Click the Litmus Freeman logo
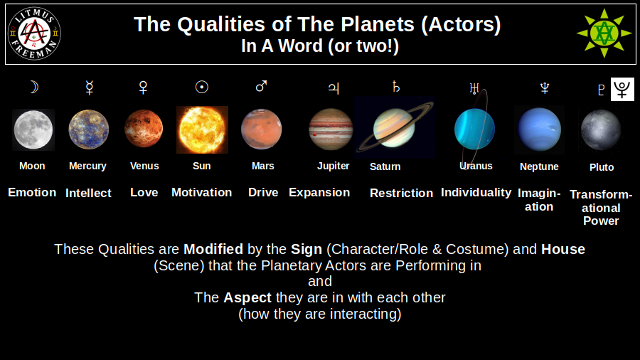point(34,33)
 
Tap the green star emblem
point(604,33)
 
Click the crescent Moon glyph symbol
point(33,88)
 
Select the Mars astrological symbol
point(261,87)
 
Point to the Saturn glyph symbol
point(396,88)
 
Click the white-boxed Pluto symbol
point(622,89)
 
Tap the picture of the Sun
point(202,130)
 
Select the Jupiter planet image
point(331,129)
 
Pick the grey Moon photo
point(33,129)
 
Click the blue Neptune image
point(539,129)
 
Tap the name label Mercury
point(87,166)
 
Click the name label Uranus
point(476,166)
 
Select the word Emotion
point(32,192)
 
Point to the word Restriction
point(401,193)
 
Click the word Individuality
point(476,192)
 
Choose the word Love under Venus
point(144,192)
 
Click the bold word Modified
point(213,250)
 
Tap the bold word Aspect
point(247,297)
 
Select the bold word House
point(563,250)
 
